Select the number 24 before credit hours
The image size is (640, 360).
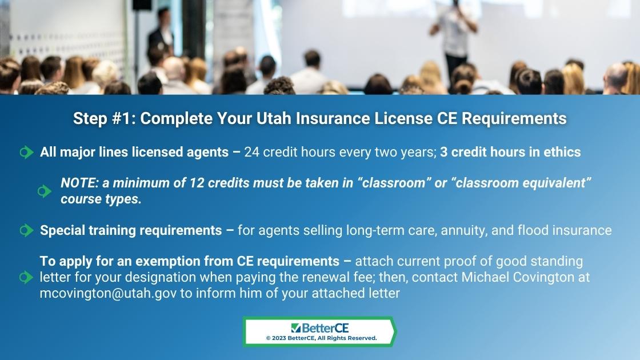pos(251,152)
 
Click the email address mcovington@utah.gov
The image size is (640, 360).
pos(108,293)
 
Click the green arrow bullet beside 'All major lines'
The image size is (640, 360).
pos(26,152)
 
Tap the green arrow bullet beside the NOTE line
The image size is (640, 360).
pos(44,191)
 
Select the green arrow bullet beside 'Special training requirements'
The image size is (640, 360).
pos(26,230)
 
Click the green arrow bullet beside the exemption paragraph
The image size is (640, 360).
pos(26,277)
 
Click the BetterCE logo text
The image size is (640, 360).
pos(325,328)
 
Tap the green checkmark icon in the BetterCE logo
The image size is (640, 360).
pos(296,328)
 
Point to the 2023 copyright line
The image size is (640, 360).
pos(321,338)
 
